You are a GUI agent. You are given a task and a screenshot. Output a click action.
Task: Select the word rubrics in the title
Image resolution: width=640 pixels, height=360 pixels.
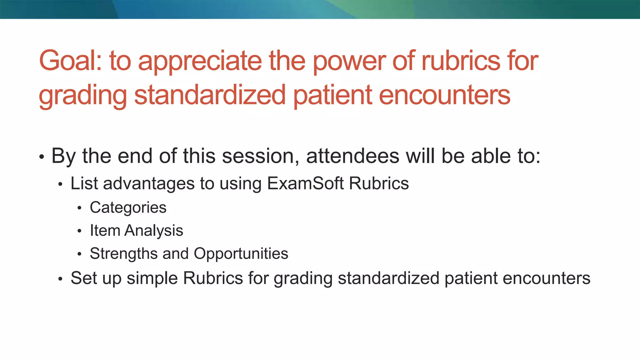click(461, 61)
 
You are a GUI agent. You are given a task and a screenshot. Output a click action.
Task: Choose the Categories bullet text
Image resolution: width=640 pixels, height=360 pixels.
click(128, 208)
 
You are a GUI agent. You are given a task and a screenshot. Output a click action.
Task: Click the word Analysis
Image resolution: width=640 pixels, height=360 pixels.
click(153, 231)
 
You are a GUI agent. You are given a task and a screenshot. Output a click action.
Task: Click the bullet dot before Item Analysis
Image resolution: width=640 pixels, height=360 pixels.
click(79, 231)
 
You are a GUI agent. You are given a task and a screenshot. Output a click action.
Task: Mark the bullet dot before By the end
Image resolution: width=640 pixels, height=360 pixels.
click(42, 157)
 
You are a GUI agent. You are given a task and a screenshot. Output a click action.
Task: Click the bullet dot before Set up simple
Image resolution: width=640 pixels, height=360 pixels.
click(61, 279)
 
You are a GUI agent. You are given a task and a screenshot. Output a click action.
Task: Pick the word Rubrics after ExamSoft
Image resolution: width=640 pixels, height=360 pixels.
click(379, 183)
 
